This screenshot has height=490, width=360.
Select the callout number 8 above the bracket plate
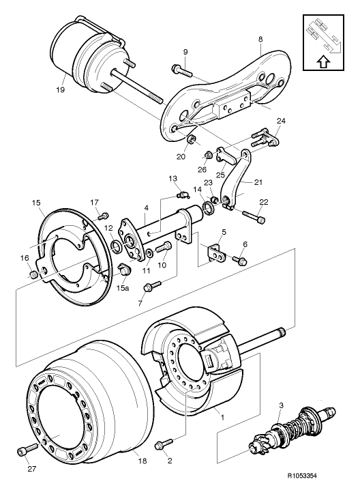[260, 41]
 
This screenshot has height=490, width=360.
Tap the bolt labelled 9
[179, 69]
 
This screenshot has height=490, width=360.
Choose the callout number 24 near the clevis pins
[281, 121]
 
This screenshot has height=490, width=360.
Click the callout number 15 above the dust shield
[36, 203]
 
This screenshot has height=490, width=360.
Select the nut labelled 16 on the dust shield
[33, 274]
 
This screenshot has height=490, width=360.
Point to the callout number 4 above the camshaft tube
[145, 207]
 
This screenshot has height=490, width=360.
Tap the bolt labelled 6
[241, 260]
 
